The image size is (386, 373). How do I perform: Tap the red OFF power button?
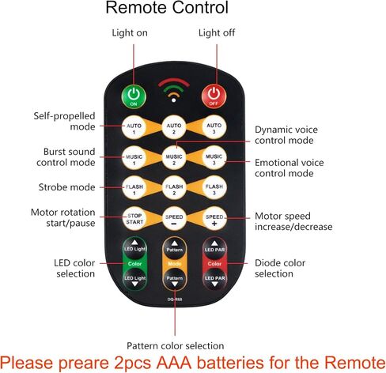(x=214, y=96)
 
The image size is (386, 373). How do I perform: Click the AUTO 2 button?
(x=174, y=127)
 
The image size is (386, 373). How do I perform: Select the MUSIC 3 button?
(x=214, y=159)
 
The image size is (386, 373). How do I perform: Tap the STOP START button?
(x=134, y=218)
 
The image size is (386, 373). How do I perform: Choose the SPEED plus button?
(x=214, y=218)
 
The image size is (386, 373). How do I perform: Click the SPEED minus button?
(x=174, y=218)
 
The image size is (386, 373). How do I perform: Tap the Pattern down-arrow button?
(x=175, y=280)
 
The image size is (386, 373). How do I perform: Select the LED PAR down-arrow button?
(x=214, y=280)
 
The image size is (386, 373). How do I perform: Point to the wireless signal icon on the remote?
(x=174, y=90)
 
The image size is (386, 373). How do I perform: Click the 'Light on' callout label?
(x=130, y=33)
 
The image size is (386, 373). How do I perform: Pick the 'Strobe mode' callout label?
(x=66, y=187)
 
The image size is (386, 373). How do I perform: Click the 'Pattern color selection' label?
(x=176, y=345)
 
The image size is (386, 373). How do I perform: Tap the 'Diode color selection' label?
(x=280, y=268)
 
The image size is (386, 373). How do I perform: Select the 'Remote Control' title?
(x=167, y=7)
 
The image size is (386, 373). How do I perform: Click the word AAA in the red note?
(x=174, y=363)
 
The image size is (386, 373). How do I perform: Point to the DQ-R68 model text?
(x=175, y=300)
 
